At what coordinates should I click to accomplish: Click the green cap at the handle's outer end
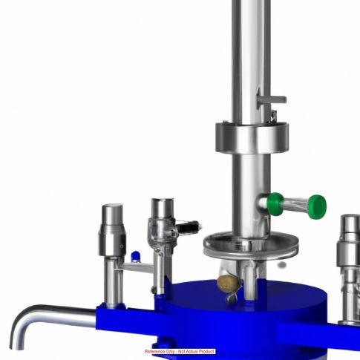point(317,207)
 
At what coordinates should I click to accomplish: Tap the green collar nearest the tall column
point(275,204)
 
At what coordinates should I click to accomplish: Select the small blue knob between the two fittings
point(136,256)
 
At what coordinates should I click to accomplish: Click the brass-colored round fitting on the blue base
point(228,283)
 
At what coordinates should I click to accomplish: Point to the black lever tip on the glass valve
point(189,227)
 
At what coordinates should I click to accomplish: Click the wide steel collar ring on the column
point(252,137)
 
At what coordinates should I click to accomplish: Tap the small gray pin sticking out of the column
point(272,99)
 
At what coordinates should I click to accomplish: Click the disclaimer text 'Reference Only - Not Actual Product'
point(180,351)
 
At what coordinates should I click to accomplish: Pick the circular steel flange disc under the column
point(251,246)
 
